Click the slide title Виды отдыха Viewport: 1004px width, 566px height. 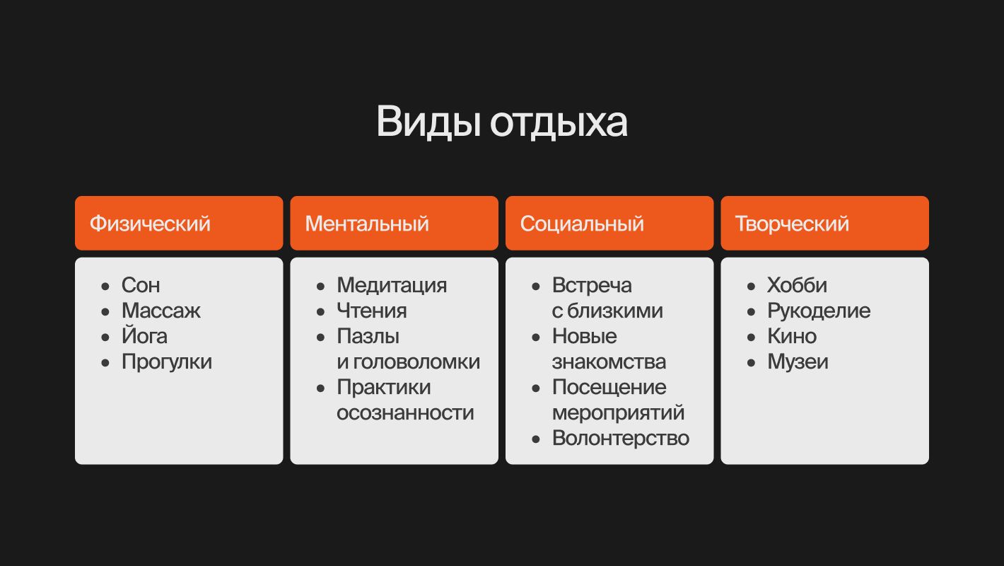(501, 122)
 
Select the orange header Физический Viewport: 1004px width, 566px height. (179, 223)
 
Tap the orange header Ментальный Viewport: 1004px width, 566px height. (394, 223)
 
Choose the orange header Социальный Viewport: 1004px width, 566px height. (609, 223)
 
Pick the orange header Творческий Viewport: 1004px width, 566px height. (824, 223)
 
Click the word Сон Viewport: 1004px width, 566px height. (141, 285)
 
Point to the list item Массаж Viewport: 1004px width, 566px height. (161, 311)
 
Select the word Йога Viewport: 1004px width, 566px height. (144, 335)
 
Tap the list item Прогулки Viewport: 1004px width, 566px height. (167, 362)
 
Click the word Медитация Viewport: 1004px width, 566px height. (392, 286)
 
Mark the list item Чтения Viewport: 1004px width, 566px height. (372, 311)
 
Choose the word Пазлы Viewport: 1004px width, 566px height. (368, 337)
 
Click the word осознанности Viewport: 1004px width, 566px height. (405, 413)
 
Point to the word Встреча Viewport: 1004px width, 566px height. (592, 286)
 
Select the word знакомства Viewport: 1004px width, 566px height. (609, 362)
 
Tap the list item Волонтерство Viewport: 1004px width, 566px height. (621, 438)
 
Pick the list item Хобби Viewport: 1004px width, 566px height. (797, 285)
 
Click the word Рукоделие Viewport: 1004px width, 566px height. (819, 311)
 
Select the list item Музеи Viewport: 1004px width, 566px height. (798, 362)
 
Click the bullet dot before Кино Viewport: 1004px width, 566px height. (751, 337)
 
